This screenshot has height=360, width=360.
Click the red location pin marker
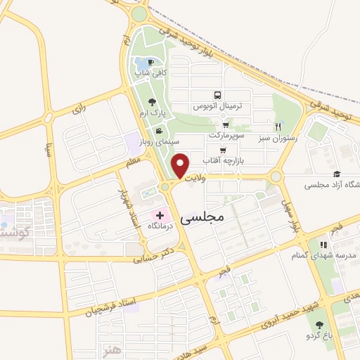pos(181,166)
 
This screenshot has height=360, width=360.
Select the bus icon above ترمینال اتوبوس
pos(217,95)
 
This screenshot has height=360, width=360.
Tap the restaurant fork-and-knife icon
pos(278,127)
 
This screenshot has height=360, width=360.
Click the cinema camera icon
pos(159,131)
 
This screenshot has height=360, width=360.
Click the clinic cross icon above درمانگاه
pos(160,215)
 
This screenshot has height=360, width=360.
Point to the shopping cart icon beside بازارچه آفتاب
pos(223,150)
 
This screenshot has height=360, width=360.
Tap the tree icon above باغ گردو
pos(320,324)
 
